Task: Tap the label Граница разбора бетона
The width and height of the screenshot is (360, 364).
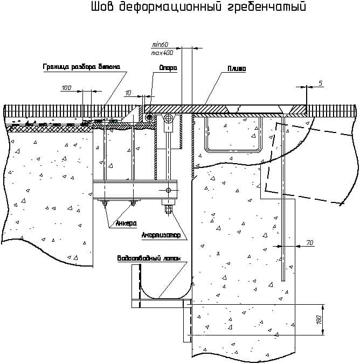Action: click(85, 67)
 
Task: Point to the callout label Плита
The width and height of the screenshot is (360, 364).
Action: click(237, 68)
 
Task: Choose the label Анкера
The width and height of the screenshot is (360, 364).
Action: click(126, 223)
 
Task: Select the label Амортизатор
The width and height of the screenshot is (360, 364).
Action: click(161, 235)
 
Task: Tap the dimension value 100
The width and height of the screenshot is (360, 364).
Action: click(66, 87)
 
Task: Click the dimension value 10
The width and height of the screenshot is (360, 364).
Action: click(128, 93)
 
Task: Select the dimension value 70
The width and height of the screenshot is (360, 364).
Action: click(309, 243)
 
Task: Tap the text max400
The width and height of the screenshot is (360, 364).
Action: click(161, 52)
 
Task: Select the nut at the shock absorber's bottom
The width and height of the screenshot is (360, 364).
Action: click(168, 209)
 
